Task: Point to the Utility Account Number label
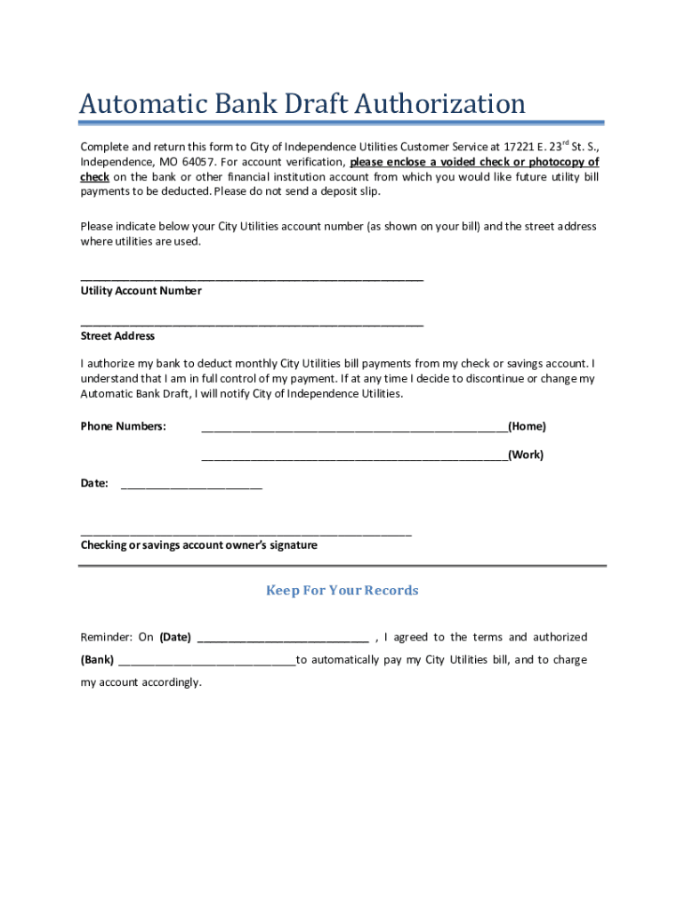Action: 141,291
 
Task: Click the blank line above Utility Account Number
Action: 252,278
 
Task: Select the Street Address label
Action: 117,336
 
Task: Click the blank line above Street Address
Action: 252,324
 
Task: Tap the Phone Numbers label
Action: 123,426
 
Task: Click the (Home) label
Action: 527,426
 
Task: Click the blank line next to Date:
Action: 191,487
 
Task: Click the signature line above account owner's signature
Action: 246,533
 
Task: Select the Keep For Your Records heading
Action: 342,591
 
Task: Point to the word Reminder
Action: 105,637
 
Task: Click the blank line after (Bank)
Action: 206,663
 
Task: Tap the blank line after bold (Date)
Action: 282,640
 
